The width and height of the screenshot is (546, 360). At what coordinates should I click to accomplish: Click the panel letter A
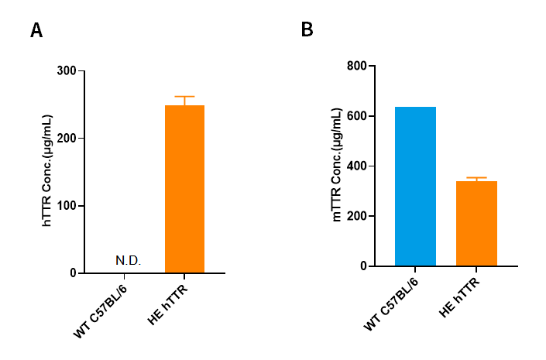(x=36, y=31)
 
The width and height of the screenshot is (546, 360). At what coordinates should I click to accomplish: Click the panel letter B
(x=307, y=30)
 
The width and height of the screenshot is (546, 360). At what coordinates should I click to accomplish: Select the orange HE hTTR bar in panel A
(x=184, y=190)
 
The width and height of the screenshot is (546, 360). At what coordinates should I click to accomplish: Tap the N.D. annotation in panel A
(x=128, y=260)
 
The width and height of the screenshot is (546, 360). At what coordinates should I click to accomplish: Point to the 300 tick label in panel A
(x=67, y=71)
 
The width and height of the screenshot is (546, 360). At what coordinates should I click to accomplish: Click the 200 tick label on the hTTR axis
(x=67, y=139)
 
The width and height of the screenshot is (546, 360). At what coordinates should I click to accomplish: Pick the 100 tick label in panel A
(x=67, y=206)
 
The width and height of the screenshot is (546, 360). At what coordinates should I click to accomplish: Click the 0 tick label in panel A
(x=72, y=273)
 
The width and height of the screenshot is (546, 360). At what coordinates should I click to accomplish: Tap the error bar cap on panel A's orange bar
(x=184, y=97)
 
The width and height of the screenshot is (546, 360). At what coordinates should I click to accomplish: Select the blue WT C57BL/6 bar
(x=415, y=187)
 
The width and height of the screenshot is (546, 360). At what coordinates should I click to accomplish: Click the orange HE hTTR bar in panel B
(x=476, y=224)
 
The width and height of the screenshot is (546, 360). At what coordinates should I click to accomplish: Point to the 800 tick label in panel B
(x=357, y=66)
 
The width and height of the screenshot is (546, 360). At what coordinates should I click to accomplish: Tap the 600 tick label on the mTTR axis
(x=357, y=116)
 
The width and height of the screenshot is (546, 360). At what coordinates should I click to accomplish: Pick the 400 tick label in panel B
(x=357, y=166)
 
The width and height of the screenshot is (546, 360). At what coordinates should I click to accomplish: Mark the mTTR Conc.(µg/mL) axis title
(x=337, y=166)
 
